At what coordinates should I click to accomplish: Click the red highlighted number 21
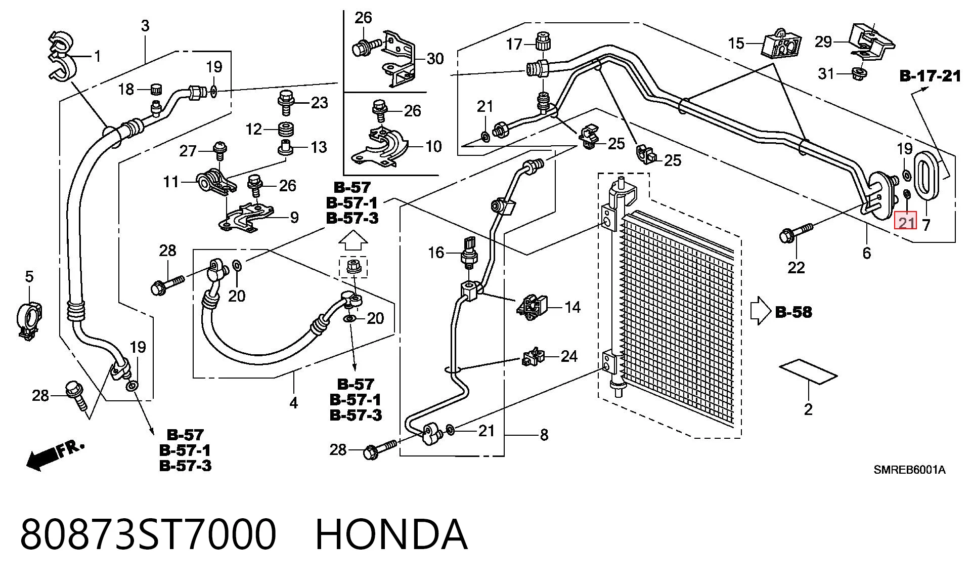pos(905,221)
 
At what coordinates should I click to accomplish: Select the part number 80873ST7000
pos(148,534)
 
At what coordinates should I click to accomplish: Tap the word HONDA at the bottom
pos(391,534)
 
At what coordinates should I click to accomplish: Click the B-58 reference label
pos(793,312)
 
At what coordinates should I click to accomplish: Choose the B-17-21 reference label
pos(930,76)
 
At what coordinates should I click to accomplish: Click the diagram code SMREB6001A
pos(909,470)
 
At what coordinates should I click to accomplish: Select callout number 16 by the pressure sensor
pos(436,253)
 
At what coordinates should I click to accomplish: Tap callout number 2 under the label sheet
pos(808,408)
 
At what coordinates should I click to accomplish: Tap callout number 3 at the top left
pos(145,25)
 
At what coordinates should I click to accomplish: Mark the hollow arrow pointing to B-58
pos(760,311)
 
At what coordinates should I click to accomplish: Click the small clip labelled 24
pos(533,357)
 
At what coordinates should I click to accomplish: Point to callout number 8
pos(544,435)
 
